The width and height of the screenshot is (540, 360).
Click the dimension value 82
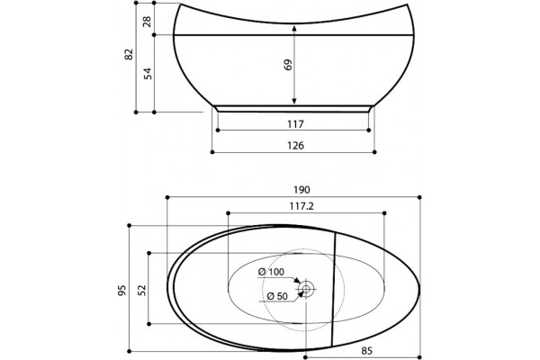pos(129,54)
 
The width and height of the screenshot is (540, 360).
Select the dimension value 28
pos(147,22)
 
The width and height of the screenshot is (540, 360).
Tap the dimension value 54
pos(148,74)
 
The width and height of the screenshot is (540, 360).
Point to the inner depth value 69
pos(288,65)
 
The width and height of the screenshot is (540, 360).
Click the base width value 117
pos(296,124)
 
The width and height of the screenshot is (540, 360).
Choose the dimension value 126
pos(296,146)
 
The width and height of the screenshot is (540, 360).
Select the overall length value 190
pos(301,190)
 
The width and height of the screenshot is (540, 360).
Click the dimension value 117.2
pos(301,206)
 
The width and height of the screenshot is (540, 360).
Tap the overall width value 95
pos(122,291)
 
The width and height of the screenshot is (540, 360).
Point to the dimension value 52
pos(142,290)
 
